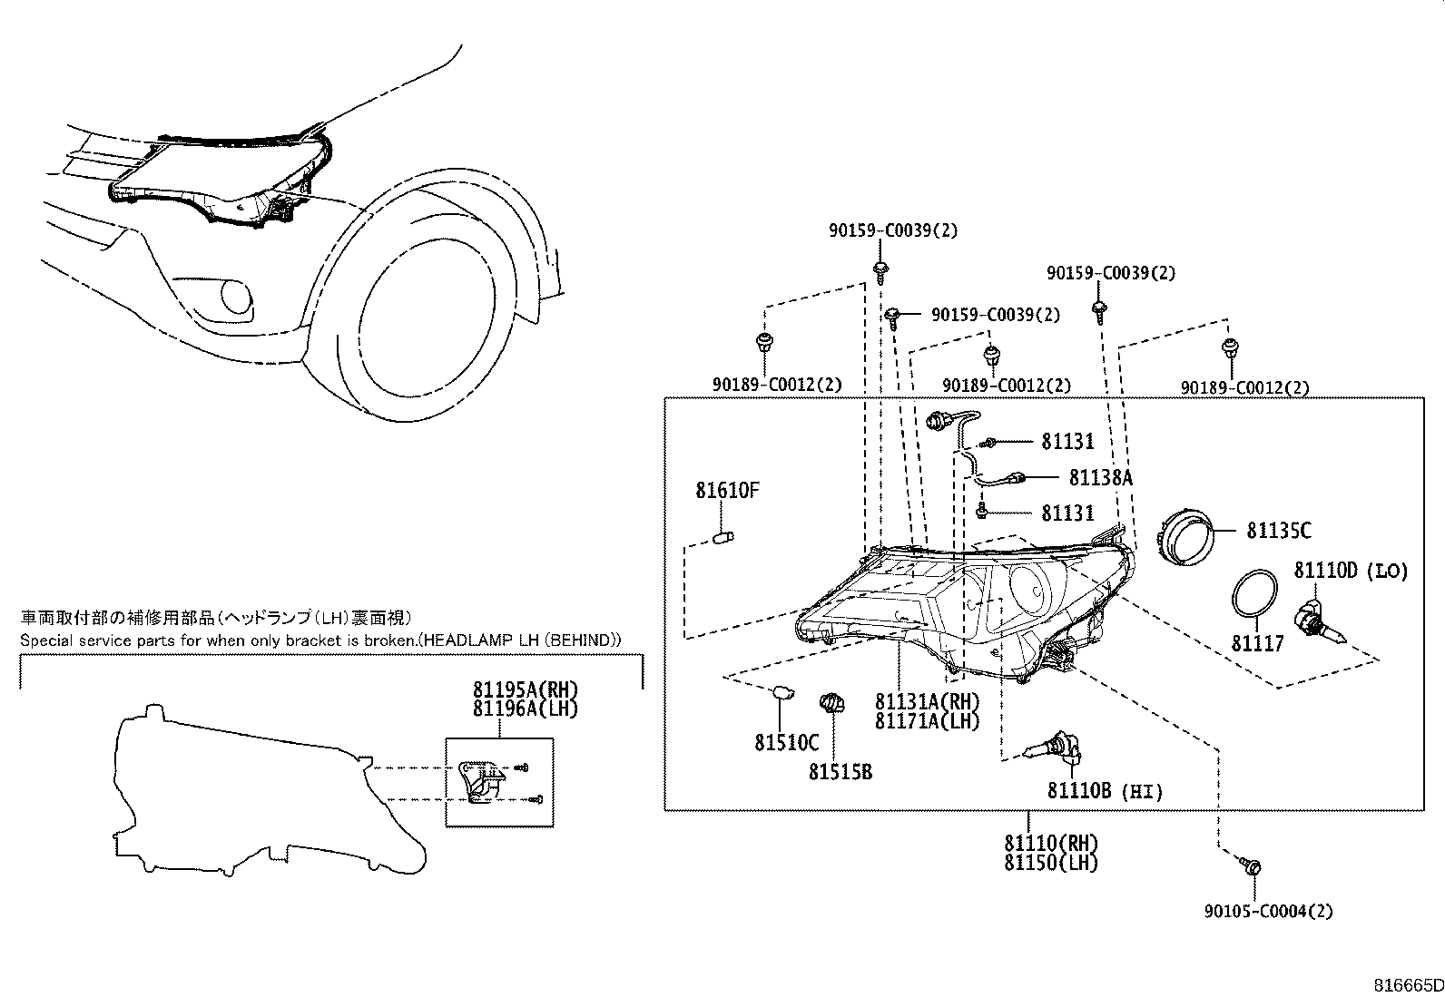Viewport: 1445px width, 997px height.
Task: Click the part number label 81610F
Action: pos(727,491)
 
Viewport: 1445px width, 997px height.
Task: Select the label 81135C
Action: pos(1279,530)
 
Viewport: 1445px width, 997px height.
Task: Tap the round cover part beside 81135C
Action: pos(1186,534)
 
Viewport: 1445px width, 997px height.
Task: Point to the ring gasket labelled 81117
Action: pos(1254,593)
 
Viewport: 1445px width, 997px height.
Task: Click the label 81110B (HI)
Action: pos(1105,791)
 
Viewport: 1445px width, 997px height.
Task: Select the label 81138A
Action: pos(1100,478)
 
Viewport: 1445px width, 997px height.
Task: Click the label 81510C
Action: pos(786,743)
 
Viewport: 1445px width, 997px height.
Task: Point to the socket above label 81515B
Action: pos(832,702)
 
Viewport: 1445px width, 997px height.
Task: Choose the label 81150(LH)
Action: pos(1051,863)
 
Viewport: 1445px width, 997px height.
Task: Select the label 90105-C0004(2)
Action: pos(1268,911)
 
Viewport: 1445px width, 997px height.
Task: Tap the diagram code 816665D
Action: pos(1409,986)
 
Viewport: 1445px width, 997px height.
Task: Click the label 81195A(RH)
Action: pos(526,689)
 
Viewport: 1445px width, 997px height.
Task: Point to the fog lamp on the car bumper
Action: pos(237,298)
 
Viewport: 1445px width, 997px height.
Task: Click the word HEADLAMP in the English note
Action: pos(463,640)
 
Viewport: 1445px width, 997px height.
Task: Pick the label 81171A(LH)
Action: pos(927,721)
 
